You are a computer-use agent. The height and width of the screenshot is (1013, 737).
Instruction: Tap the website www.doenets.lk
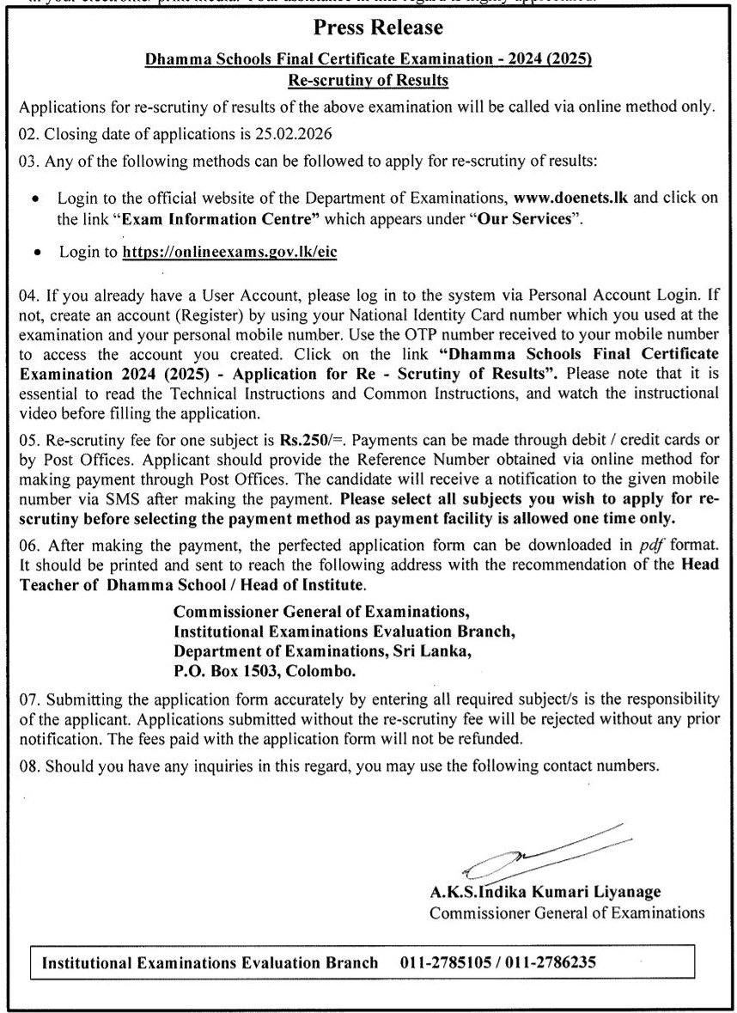point(570,198)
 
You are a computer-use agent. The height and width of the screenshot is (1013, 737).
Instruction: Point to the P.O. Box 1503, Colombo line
point(264,671)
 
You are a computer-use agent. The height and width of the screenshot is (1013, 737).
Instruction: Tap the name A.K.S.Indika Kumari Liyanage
point(545,893)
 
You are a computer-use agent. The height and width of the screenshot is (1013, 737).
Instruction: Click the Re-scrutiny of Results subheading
point(368,81)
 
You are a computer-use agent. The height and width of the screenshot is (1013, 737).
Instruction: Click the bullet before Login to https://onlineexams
point(35,253)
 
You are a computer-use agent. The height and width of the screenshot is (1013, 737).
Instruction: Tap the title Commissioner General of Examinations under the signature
point(567,913)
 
